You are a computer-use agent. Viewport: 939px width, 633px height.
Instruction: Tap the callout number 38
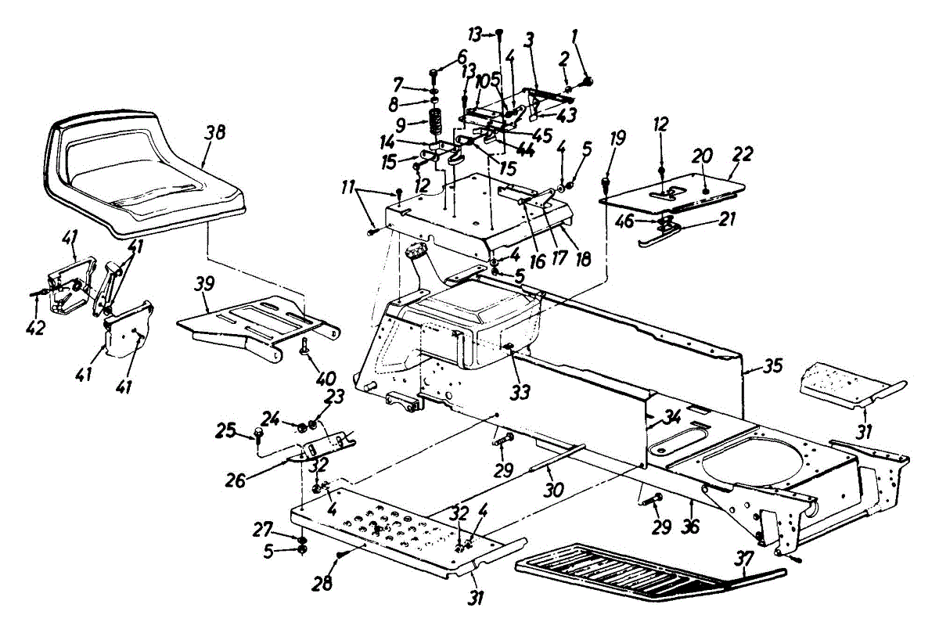tap(215, 132)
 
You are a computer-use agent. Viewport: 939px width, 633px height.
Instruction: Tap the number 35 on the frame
tap(773, 366)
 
